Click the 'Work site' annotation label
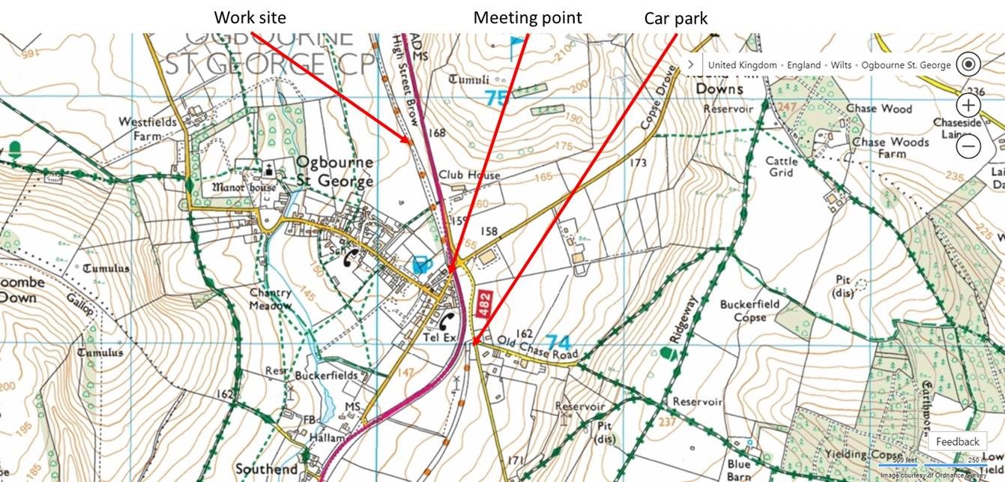click(x=250, y=17)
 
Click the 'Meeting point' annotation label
click(x=527, y=17)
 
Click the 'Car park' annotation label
click(x=675, y=18)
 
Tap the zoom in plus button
click(x=969, y=105)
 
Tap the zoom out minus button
click(x=969, y=146)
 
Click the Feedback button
click(x=957, y=442)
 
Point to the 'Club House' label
click(x=469, y=175)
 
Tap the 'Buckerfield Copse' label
click(x=749, y=310)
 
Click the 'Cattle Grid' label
click(x=782, y=166)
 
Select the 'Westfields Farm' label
click(x=148, y=128)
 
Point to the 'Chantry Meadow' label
click(x=271, y=299)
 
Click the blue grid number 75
click(x=496, y=98)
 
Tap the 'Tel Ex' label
click(x=440, y=338)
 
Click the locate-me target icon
click(x=969, y=64)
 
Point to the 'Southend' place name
click(x=266, y=469)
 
